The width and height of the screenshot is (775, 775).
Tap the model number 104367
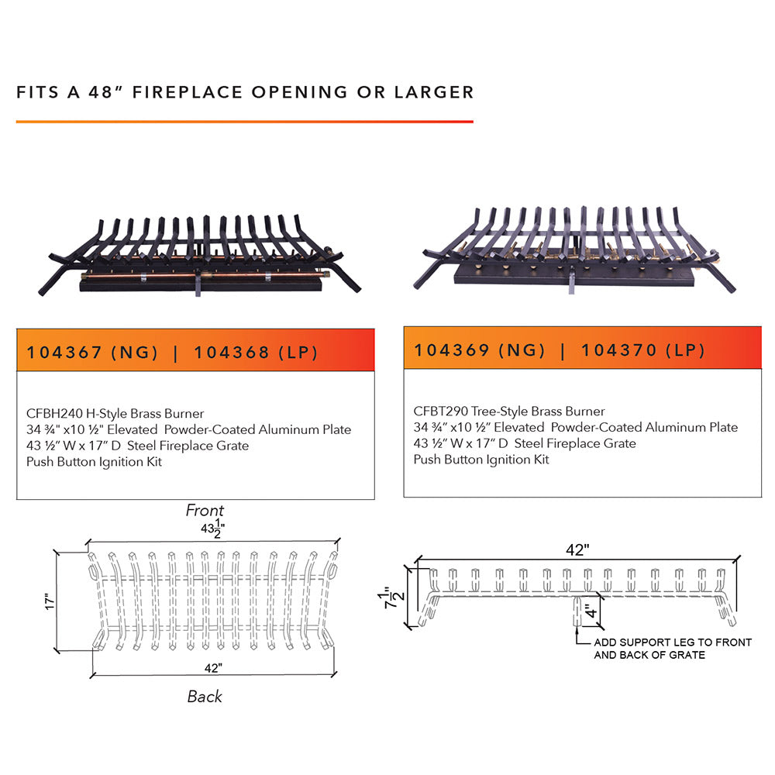pos(64,353)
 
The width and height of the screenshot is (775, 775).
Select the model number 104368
pos(232,353)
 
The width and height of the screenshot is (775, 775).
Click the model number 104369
pos(452,350)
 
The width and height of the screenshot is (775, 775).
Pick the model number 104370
pos(619,350)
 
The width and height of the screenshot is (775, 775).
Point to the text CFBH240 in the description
pos(53,413)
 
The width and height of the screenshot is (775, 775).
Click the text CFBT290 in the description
pos(439,411)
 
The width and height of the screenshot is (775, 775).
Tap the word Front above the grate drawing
pos(205,511)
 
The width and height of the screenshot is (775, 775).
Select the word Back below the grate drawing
pos(205,697)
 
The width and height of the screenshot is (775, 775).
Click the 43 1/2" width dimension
pos(211,530)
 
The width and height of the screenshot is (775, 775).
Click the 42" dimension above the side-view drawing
pos(577,549)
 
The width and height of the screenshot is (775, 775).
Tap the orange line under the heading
pos(244,122)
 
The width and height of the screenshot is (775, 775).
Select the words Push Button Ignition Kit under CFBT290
pos(480,460)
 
